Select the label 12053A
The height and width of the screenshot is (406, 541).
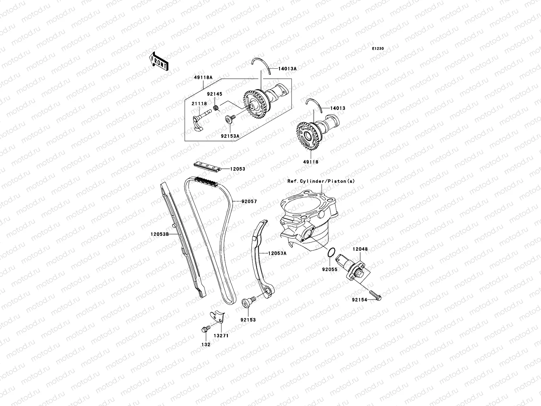tap(277, 253)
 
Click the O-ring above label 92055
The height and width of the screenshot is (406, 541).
tap(332, 252)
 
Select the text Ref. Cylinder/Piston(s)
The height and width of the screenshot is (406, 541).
tap(321, 181)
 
